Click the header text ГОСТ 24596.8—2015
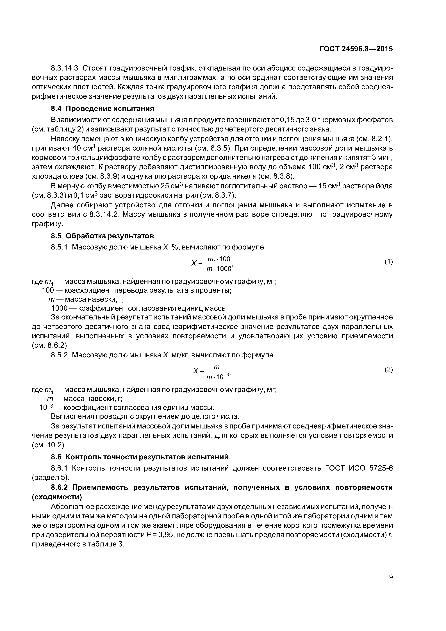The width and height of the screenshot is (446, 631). pyautogui.click(x=356, y=49)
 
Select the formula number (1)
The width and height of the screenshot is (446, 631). pyautogui.click(x=389, y=262)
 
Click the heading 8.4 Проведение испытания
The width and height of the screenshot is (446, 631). pyautogui.click(x=103, y=109)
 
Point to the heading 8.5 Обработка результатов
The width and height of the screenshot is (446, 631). pyautogui.click(x=103, y=236)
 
